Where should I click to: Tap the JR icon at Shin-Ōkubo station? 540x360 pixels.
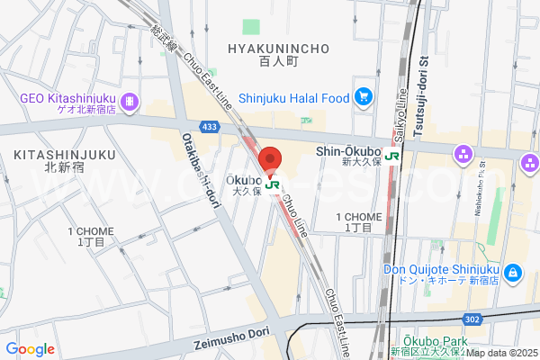(392, 155)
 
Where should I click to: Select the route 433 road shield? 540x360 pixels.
(210, 128)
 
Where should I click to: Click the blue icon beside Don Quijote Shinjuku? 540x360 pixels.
(512, 272)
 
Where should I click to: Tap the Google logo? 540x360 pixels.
(30, 349)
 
